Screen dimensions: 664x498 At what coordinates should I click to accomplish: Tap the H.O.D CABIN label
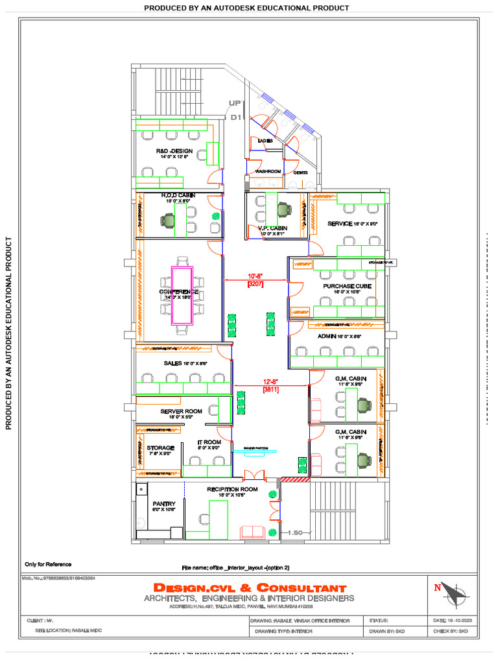(178, 195)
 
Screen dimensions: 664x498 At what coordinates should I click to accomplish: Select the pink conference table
(182, 295)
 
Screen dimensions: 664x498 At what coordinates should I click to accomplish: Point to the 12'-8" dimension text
(270, 382)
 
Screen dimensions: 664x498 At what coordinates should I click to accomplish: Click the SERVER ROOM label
(182, 411)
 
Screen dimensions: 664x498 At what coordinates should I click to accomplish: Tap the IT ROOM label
(209, 442)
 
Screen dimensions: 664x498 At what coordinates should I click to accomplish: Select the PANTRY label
(164, 504)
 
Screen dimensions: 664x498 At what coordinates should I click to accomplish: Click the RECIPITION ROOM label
(232, 489)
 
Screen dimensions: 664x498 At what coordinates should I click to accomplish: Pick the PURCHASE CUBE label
(347, 285)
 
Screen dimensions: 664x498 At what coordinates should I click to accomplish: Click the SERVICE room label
(340, 224)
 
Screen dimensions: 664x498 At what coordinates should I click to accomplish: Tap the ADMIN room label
(327, 337)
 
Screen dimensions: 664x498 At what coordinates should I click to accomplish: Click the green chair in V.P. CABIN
(284, 209)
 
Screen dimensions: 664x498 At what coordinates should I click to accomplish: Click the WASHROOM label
(267, 172)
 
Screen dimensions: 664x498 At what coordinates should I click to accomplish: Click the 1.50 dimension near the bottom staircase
(296, 532)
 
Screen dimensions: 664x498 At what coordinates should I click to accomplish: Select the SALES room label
(172, 363)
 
